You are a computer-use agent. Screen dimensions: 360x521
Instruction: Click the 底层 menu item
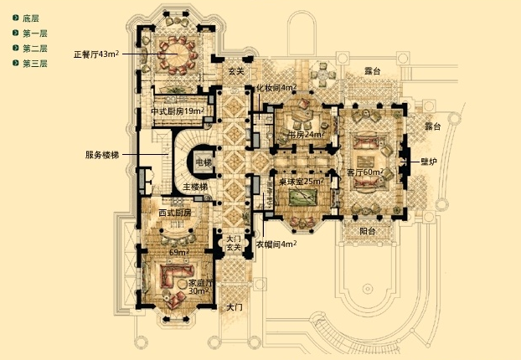[x=31, y=18]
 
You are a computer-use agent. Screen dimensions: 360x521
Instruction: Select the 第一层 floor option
[x=34, y=33]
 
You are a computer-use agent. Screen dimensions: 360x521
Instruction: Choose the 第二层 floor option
[x=34, y=49]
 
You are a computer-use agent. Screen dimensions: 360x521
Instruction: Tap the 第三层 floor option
[x=34, y=64]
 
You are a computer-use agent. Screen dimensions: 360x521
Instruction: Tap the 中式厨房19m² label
[x=178, y=111]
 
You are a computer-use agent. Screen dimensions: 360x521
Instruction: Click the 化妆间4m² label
[x=277, y=87]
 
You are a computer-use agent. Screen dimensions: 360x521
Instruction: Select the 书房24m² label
[x=305, y=134]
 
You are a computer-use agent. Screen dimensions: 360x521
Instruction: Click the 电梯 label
[x=204, y=162]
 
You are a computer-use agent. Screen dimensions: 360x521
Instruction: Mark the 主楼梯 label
[x=195, y=186]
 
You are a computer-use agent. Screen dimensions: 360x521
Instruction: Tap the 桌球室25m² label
[x=302, y=182]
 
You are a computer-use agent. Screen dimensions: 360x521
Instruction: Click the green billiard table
[x=302, y=198]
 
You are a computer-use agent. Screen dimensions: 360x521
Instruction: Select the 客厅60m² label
[x=364, y=172]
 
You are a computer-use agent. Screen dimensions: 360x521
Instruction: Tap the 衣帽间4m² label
[x=276, y=244]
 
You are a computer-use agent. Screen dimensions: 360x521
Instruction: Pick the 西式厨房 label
[x=174, y=213]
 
